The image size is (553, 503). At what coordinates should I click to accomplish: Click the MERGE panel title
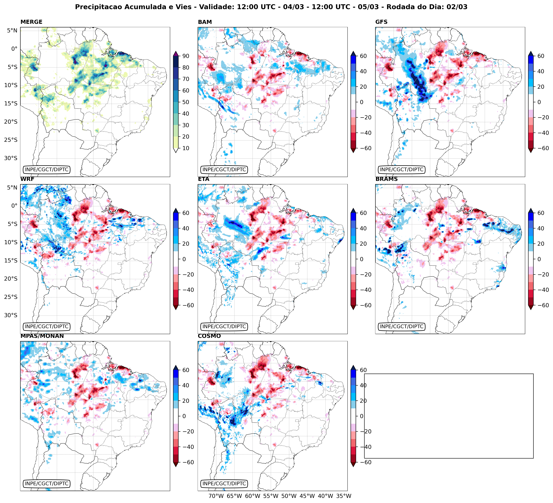click(31, 22)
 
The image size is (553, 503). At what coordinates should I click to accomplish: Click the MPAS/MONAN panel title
click(42, 336)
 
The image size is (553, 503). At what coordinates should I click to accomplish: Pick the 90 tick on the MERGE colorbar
click(186, 56)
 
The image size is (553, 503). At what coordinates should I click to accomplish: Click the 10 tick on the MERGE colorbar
click(186, 148)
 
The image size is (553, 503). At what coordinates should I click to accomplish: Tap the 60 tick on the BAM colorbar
click(363, 56)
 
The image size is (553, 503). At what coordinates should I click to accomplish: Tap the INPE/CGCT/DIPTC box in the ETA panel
click(224, 326)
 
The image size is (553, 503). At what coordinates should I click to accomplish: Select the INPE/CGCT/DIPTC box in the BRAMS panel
click(402, 326)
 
